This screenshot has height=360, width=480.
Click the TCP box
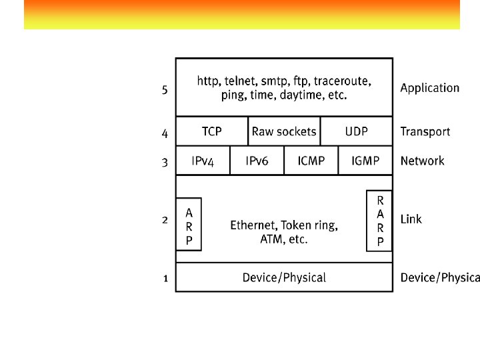coord(212,131)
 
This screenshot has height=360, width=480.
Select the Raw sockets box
coord(284,131)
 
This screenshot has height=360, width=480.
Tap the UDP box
coord(356,131)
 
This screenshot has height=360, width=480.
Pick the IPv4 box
coord(203,161)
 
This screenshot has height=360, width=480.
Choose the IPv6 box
coord(257,161)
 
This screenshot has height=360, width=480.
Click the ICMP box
coord(311,161)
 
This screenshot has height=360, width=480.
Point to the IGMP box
coord(365,161)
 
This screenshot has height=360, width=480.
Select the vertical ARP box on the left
coord(189,224)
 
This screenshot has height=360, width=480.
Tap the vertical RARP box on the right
coord(380,221)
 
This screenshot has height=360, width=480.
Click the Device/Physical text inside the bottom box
coord(284,277)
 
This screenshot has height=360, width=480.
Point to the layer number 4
coord(165,133)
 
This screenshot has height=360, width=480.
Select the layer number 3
coord(165,162)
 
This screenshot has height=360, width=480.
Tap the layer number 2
coord(165,219)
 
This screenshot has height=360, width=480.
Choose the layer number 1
coord(165,279)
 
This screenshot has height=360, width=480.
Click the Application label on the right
coord(429,88)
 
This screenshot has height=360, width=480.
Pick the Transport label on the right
coord(425,132)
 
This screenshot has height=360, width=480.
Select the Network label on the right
coord(422,161)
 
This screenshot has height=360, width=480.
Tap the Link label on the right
coord(411,219)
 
